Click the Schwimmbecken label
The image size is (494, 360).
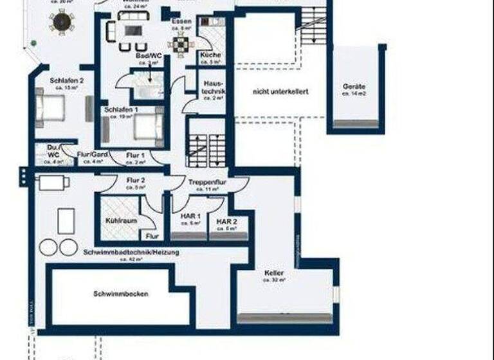(121, 294)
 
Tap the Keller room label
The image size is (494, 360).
(274, 273)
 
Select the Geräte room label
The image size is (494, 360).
(354, 86)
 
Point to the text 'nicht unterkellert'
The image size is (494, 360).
(280, 92)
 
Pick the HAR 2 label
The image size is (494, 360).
(227, 221)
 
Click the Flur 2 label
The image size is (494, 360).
(136, 180)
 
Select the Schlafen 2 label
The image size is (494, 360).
(66, 81)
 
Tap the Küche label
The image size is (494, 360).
(210, 55)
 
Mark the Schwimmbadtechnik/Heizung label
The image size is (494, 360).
(131, 253)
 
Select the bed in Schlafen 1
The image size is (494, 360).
(146, 127)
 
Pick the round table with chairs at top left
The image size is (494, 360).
(62, 22)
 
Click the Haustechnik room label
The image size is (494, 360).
(213, 88)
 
